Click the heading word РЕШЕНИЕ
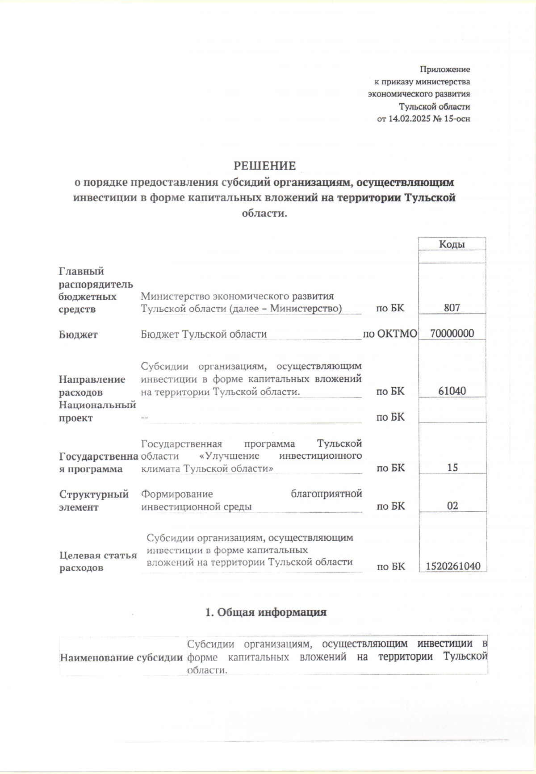point(265,166)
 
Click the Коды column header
point(452,244)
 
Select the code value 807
point(452,308)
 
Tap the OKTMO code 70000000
point(452,334)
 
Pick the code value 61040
point(452,391)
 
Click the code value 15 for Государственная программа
point(452,468)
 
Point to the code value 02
point(452,506)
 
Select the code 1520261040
point(453,566)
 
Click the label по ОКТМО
point(390,334)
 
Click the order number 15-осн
point(457,119)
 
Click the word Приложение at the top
point(444,70)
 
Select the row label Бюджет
point(78,335)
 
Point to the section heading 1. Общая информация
point(266,612)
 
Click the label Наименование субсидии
point(121,657)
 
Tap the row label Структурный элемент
point(94,500)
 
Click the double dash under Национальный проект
point(144,417)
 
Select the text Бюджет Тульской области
point(204,334)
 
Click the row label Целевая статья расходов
point(98,561)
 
